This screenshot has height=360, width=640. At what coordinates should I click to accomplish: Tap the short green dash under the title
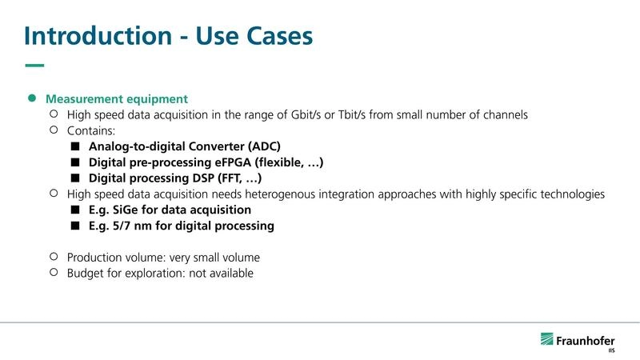click(x=34, y=66)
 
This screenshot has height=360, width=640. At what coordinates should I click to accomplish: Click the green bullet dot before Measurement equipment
click(x=33, y=98)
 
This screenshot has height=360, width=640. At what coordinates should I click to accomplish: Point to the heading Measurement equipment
click(x=117, y=99)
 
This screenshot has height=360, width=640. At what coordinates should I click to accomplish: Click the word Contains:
click(x=92, y=130)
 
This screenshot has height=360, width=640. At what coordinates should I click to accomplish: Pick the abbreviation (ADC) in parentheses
click(x=254, y=146)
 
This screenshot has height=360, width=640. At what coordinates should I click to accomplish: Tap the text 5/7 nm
click(x=138, y=226)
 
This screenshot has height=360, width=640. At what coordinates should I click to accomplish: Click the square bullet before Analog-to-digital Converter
click(x=75, y=146)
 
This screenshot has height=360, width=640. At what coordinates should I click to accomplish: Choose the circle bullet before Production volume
click(x=54, y=257)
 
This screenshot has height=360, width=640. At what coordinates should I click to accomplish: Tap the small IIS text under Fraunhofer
click(x=611, y=350)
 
